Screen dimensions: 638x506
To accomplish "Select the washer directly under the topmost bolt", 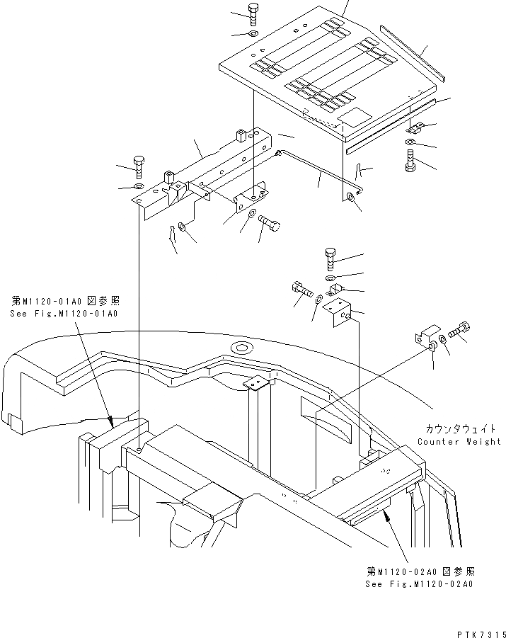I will point(253,33).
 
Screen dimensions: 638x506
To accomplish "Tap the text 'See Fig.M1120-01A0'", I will point(64,313).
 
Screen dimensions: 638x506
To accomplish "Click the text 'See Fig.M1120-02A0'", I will point(419,584).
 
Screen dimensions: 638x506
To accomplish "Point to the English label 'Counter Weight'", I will point(459,441).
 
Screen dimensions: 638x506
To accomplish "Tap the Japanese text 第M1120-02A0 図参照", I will point(420,571).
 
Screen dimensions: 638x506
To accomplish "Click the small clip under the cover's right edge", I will point(415,129).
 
